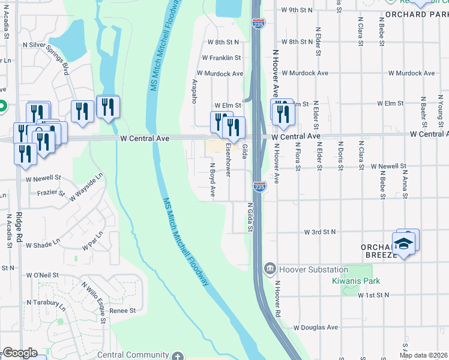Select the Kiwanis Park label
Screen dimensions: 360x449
click(x=357, y=281)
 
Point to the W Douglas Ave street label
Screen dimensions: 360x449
click(x=316, y=328)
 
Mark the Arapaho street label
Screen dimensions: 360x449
click(x=194, y=91)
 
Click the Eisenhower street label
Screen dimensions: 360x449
click(x=228, y=160)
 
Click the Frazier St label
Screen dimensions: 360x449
click(x=50, y=193)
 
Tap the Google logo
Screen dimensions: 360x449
click(x=20, y=353)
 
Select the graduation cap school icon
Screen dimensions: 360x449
click(x=404, y=244)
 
